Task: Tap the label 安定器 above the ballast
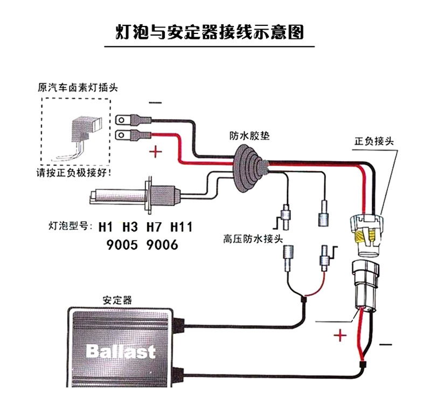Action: [x=117, y=300]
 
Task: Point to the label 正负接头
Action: [x=374, y=141]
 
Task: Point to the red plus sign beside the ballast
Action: [x=339, y=337]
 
